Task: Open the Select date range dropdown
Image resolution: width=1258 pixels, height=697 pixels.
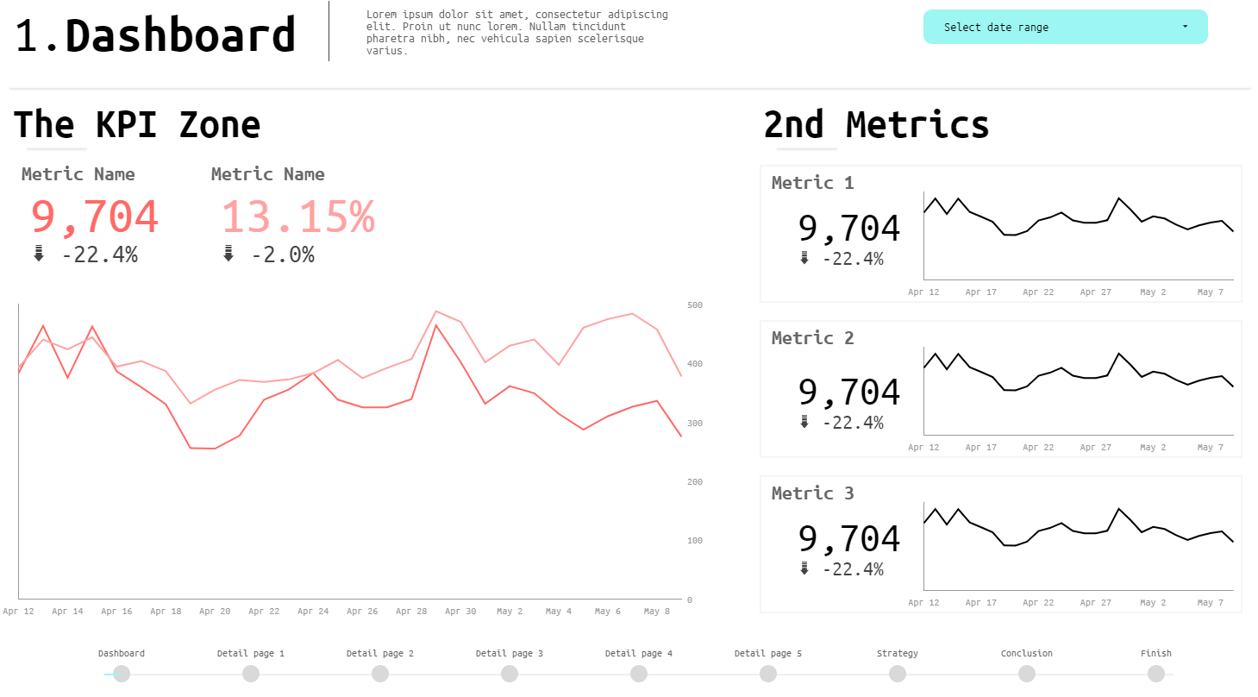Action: tap(1065, 27)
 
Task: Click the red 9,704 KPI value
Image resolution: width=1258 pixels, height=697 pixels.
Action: tap(95, 217)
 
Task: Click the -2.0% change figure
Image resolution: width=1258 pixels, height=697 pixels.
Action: tap(283, 254)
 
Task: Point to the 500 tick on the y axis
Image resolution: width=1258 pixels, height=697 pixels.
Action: tap(695, 305)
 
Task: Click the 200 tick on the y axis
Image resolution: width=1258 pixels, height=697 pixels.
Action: tap(695, 482)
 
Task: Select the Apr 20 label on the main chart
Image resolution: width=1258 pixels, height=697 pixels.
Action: tap(215, 612)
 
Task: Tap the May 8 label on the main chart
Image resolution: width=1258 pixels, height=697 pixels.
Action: tap(657, 612)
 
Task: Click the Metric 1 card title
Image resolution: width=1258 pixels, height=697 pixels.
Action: tap(812, 183)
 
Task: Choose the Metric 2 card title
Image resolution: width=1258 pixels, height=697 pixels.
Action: tap(812, 338)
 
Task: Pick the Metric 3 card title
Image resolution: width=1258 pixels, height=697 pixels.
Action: tap(812, 493)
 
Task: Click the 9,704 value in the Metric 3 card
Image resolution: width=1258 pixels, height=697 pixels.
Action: tap(848, 539)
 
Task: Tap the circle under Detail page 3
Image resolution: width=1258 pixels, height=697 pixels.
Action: tap(510, 674)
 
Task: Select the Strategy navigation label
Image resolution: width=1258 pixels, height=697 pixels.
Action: tap(897, 654)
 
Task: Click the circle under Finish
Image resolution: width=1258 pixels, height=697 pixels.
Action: tap(1156, 674)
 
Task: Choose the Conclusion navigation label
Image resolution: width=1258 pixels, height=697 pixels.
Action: tap(1026, 654)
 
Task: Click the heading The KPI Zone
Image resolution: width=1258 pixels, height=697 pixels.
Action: tap(137, 124)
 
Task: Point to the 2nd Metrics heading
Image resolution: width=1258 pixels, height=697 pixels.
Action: tap(876, 124)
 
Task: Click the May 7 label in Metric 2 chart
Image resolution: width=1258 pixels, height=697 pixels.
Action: tap(1211, 448)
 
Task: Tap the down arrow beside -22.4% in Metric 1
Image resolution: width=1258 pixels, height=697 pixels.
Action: tap(804, 258)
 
